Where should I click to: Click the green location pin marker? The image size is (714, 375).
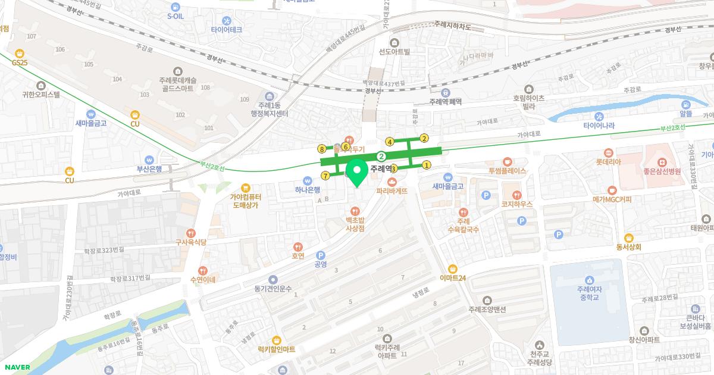357,173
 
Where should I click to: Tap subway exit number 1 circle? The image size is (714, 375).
427,165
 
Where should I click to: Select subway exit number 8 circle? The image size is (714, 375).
322,149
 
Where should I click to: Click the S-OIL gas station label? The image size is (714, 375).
176,17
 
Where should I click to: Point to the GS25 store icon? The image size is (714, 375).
20,52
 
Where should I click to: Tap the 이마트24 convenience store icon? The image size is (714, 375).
453,268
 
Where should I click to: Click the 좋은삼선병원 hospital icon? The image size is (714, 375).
662,162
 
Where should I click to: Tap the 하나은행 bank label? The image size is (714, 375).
308,190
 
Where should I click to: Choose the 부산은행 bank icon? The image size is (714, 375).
149,160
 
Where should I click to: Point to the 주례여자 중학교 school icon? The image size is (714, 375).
588,280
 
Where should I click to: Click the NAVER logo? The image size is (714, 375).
16,367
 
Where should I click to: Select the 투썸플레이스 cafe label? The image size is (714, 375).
508,170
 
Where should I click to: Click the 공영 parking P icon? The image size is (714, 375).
321,254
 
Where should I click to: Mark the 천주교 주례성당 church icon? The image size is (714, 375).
540,345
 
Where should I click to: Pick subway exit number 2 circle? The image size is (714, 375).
424,138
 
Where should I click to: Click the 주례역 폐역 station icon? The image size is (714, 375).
446,92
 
